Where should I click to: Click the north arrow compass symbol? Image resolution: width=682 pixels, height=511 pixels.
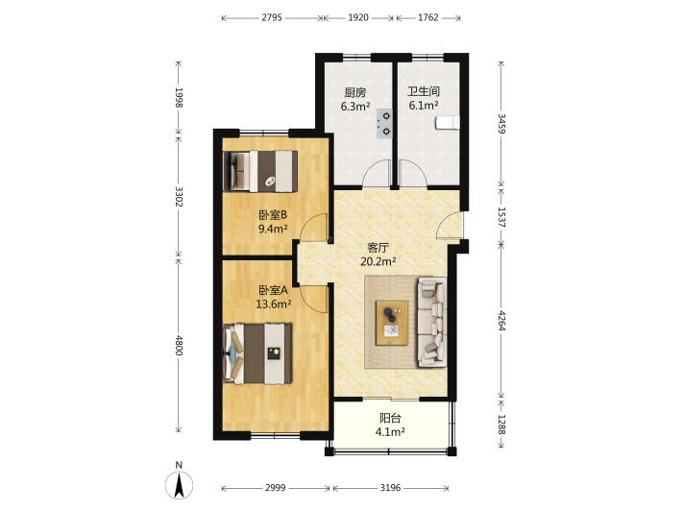point(179,484)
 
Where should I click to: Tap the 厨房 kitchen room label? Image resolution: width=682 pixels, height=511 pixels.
point(355,92)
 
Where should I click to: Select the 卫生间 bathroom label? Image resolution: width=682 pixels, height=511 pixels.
point(424,92)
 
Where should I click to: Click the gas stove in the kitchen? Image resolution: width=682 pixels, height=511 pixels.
point(384,124)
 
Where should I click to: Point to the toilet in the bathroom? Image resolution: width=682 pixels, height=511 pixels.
point(447,122)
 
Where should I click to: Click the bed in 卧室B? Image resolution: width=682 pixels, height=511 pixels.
point(260,171)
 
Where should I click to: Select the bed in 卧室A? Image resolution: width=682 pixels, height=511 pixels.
point(257,353)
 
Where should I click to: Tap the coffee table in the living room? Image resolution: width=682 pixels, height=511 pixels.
point(392,322)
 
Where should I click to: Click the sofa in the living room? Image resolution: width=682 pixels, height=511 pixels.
point(432,322)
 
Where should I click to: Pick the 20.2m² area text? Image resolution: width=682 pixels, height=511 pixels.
point(378,261)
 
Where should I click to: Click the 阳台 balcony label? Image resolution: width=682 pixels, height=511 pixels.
point(390,419)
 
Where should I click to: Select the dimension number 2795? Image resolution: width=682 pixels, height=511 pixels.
point(272,18)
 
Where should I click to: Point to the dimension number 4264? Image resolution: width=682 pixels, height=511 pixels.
point(501,321)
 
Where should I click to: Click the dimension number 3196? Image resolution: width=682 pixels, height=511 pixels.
point(390,488)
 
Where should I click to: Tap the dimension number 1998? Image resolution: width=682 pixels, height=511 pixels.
point(179,97)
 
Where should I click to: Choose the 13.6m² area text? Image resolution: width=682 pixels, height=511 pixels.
point(273,304)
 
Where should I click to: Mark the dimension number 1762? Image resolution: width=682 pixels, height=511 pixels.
point(428,18)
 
